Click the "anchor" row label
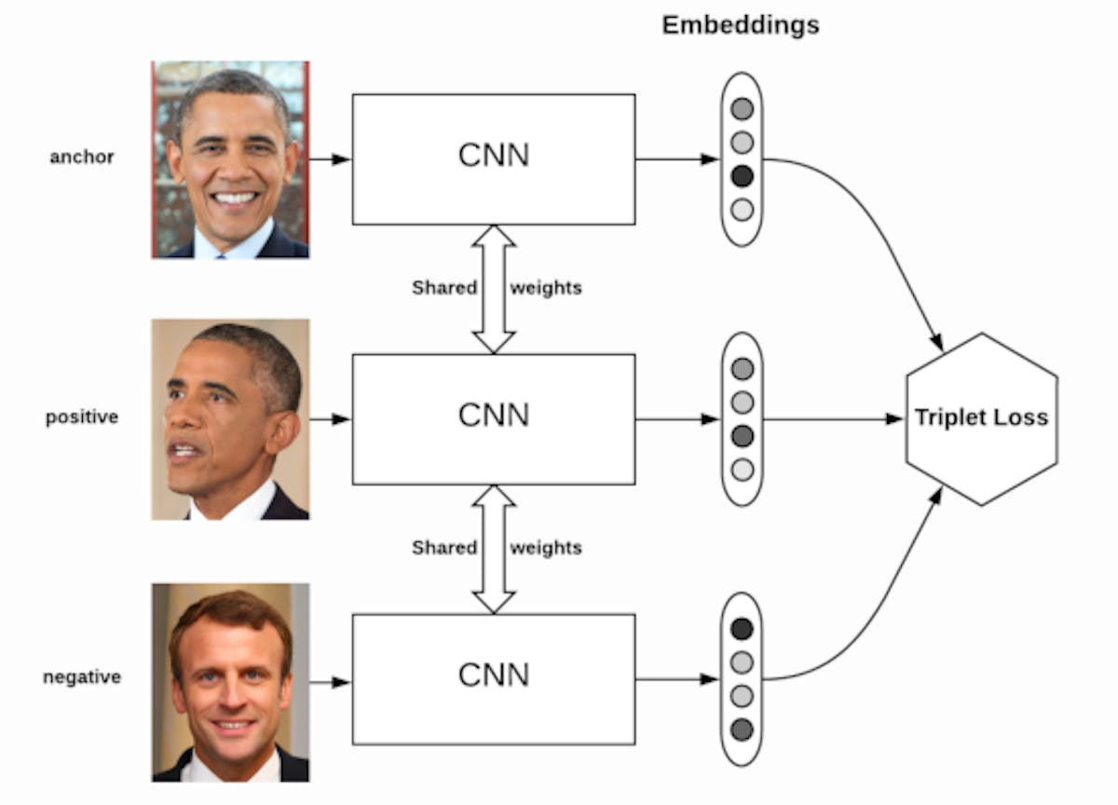[82, 157]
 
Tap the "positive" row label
[82, 417]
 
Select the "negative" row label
[82, 677]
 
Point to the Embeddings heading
[741, 25]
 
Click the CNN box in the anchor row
[494, 158]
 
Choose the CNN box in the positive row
[494, 418]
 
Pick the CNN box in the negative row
[494, 678]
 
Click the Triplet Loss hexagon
[981, 418]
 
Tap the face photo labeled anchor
[230, 159]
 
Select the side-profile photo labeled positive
[230, 419]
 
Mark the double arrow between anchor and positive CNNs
[494, 289]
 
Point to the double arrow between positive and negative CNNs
[494, 549]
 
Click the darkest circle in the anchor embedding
[742, 176]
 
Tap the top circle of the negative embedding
[742, 629]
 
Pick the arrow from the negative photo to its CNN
[330, 682]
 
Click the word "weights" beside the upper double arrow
[546, 288]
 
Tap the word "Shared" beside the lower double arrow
[444, 548]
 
